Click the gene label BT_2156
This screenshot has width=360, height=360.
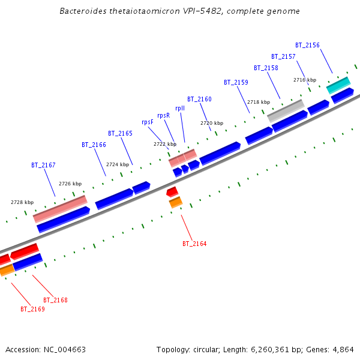pyautogui.click(x=307, y=45)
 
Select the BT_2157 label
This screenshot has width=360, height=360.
pyautogui.click(x=283, y=56)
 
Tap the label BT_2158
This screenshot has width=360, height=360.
pyautogui.click(x=266, y=68)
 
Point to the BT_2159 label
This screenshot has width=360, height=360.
pyautogui.click(x=236, y=82)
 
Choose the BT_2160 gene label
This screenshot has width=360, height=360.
pyautogui.click(x=199, y=99)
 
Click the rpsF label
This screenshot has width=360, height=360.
pyautogui.click(x=148, y=122)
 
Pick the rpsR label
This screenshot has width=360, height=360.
pyautogui.click(x=163, y=115)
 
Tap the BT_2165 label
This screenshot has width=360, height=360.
pyautogui.click(x=120, y=133)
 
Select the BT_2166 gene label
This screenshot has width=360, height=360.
pyautogui.click(x=94, y=145)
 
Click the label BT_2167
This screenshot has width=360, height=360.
pyautogui.click(x=43, y=165)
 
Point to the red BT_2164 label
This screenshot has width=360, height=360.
pyautogui.click(x=194, y=244)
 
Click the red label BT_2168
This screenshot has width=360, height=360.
pyautogui.click(x=55, y=299)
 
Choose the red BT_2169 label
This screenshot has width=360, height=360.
pyautogui.click(x=32, y=310)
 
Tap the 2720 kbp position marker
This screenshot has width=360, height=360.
pyautogui.click(x=211, y=123)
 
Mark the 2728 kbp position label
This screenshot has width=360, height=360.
pyautogui.click(x=22, y=202)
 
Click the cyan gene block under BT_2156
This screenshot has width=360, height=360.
pyautogui.click(x=338, y=85)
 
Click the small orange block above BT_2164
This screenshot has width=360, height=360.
pyautogui.click(x=175, y=203)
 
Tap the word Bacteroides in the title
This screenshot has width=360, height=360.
pyautogui.click(x=83, y=11)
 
